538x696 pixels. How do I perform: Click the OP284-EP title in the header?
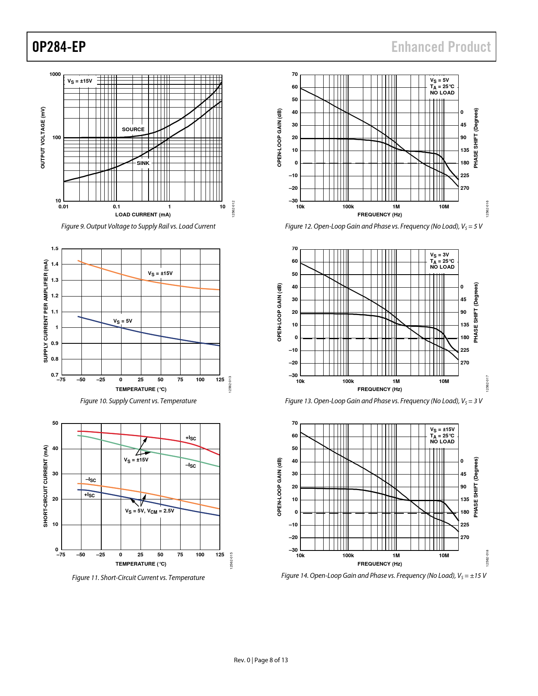click(x=59, y=47)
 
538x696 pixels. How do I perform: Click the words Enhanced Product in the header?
click(x=441, y=47)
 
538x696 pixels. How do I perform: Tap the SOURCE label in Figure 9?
click(x=133, y=129)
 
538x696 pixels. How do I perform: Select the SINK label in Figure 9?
click(x=143, y=163)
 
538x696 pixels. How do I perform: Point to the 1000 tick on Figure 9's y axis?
click(x=55, y=74)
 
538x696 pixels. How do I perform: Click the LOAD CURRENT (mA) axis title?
click(x=143, y=215)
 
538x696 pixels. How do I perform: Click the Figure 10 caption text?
click(x=138, y=401)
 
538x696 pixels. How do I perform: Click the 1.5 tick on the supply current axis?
click(x=55, y=248)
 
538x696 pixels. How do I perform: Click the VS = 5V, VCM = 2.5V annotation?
click(x=149, y=511)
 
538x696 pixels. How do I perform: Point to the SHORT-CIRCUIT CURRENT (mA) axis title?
click(x=46, y=486)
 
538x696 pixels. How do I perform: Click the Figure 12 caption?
click(x=384, y=227)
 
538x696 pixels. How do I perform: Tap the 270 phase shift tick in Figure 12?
click(x=465, y=188)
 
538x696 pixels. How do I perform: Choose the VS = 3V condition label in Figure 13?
click(x=440, y=255)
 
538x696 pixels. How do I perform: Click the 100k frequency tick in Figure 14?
click(x=348, y=556)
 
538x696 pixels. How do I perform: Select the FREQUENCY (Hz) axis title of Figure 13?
click(x=379, y=389)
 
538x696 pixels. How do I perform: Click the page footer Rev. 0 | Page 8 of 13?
click(x=261, y=660)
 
